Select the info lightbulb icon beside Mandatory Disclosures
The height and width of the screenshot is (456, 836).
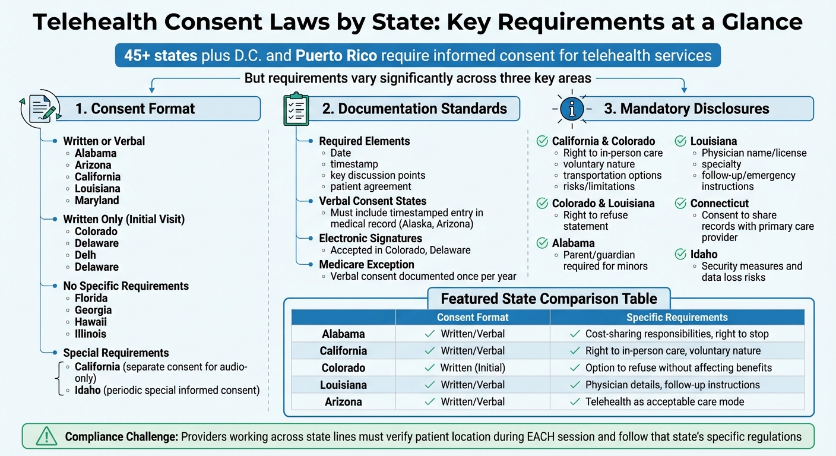[572, 108]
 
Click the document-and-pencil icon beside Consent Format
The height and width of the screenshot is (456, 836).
[41, 108]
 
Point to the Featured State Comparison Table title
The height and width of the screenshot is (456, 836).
[549, 298]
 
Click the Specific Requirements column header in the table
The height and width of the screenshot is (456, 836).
[677, 317]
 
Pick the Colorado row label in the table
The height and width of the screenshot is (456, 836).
[343, 368]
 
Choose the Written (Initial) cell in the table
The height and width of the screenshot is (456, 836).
[473, 368]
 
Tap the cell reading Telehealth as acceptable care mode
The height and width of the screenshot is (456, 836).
[664, 402]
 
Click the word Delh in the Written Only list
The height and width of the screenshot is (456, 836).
[85, 255]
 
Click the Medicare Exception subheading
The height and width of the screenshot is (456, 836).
[366, 264]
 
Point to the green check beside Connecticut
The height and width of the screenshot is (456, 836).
[680, 204]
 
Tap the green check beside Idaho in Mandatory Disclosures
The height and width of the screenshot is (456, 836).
[680, 255]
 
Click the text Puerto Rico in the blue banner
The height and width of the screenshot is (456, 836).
[335, 55]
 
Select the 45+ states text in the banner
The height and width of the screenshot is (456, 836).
[160, 55]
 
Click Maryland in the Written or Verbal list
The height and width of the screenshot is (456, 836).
[97, 201]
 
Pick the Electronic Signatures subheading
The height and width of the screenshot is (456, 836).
[370, 239]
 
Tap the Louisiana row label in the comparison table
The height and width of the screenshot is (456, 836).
[343, 385]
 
